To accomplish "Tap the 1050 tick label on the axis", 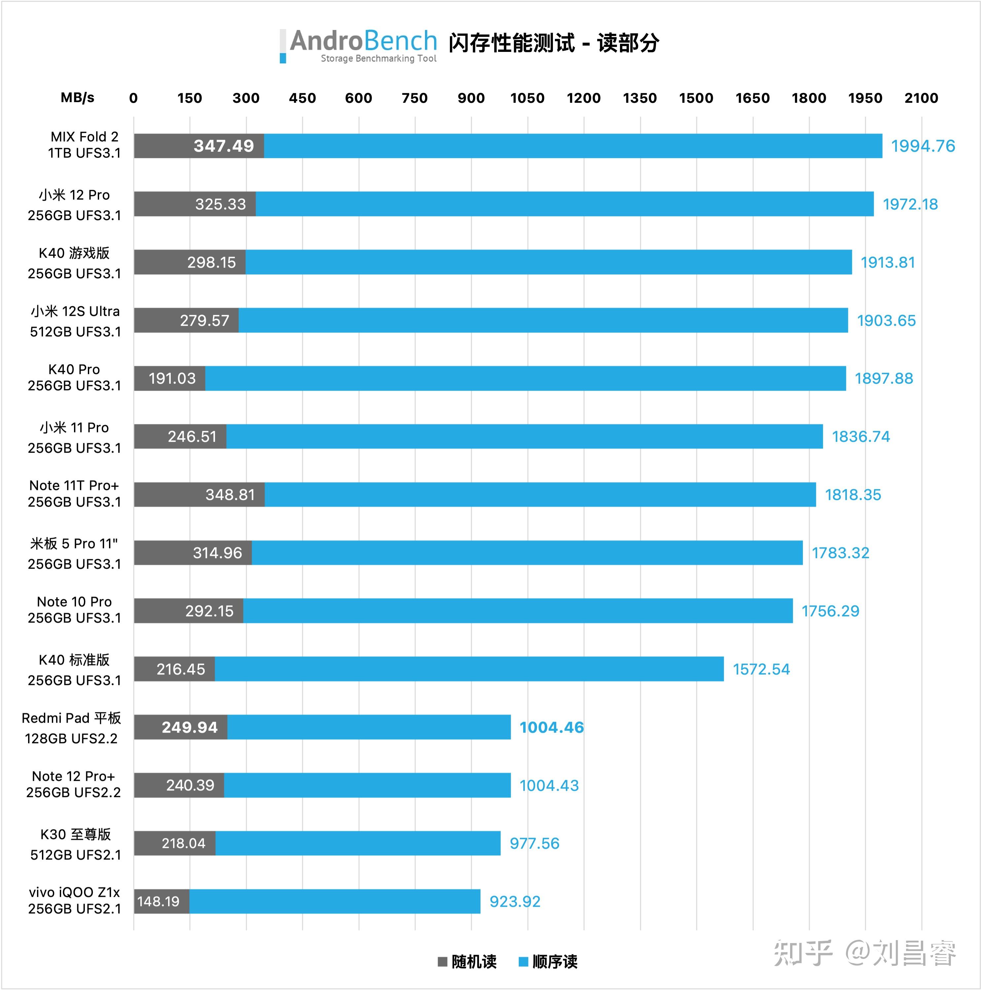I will tap(527, 98).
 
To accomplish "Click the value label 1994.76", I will tap(923, 146).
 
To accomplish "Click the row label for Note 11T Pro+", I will tap(74, 493).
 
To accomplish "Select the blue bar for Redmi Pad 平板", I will tap(369, 727).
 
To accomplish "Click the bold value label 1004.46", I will tap(551, 728).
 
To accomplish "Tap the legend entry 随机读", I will tap(467, 962).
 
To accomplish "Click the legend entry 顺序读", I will tap(548, 962).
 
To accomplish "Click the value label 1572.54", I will tap(761, 669).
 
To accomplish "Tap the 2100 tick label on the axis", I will tap(921, 98).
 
